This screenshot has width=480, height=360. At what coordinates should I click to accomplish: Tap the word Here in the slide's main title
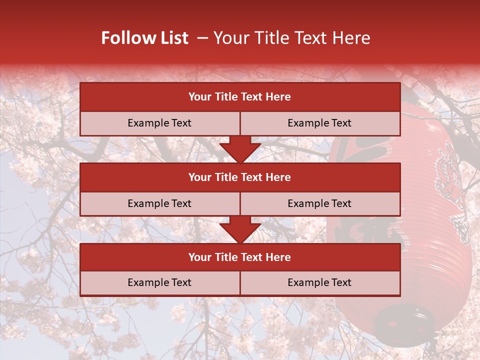click(351, 38)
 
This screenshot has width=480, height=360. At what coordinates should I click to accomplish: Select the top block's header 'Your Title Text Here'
click(239, 97)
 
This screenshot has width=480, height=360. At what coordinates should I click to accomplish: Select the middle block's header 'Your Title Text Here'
click(239, 177)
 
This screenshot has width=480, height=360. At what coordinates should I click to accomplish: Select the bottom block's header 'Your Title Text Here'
click(239, 257)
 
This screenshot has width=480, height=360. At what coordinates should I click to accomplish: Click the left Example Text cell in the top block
click(159, 123)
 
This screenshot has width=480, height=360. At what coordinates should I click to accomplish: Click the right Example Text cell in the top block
click(319, 123)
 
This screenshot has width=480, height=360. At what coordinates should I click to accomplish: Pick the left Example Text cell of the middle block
click(159, 203)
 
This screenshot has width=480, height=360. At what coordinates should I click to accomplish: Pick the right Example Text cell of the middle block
click(319, 203)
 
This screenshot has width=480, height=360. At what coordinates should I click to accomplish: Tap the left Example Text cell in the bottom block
click(159, 282)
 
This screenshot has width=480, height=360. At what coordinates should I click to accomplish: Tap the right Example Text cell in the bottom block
click(319, 282)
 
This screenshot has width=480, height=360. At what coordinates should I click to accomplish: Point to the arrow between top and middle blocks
click(240, 149)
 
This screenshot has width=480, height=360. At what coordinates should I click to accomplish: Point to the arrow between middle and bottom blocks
click(240, 229)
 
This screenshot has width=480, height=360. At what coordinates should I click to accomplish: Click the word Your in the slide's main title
click(230, 38)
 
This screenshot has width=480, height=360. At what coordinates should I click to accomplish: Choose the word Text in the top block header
click(251, 97)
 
